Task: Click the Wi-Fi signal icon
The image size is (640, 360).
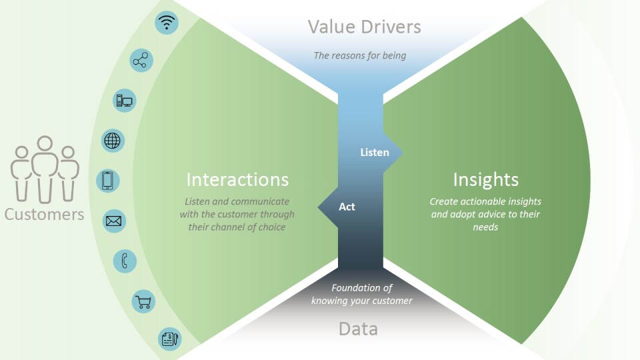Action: click(167, 23)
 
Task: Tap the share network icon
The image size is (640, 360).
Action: click(141, 61)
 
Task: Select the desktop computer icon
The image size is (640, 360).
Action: click(125, 101)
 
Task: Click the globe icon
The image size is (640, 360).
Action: click(113, 141)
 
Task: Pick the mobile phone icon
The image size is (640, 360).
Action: click(108, 181)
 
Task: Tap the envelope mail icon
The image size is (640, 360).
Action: click(113, 221)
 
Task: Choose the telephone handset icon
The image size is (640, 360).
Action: click(125, 261)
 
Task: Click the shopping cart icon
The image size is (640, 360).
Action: click(143, 301)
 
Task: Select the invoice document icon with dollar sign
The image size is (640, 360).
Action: click(169, 339)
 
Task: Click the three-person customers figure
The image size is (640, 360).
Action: click(45, 169)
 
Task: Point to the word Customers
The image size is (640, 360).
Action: click(44, 214)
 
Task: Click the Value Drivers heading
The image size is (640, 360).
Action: click(364, 27)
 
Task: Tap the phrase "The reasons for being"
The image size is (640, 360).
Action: click(360, 55)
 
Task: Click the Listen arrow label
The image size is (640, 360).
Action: click(375, 153)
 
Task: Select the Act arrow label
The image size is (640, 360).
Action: click(347, 207)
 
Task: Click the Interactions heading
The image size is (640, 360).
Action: click(237, 179)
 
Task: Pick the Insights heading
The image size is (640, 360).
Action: click(485, 179)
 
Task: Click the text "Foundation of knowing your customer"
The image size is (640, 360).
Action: click(362, 294)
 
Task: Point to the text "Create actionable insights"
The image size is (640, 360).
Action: click(485, 201)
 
